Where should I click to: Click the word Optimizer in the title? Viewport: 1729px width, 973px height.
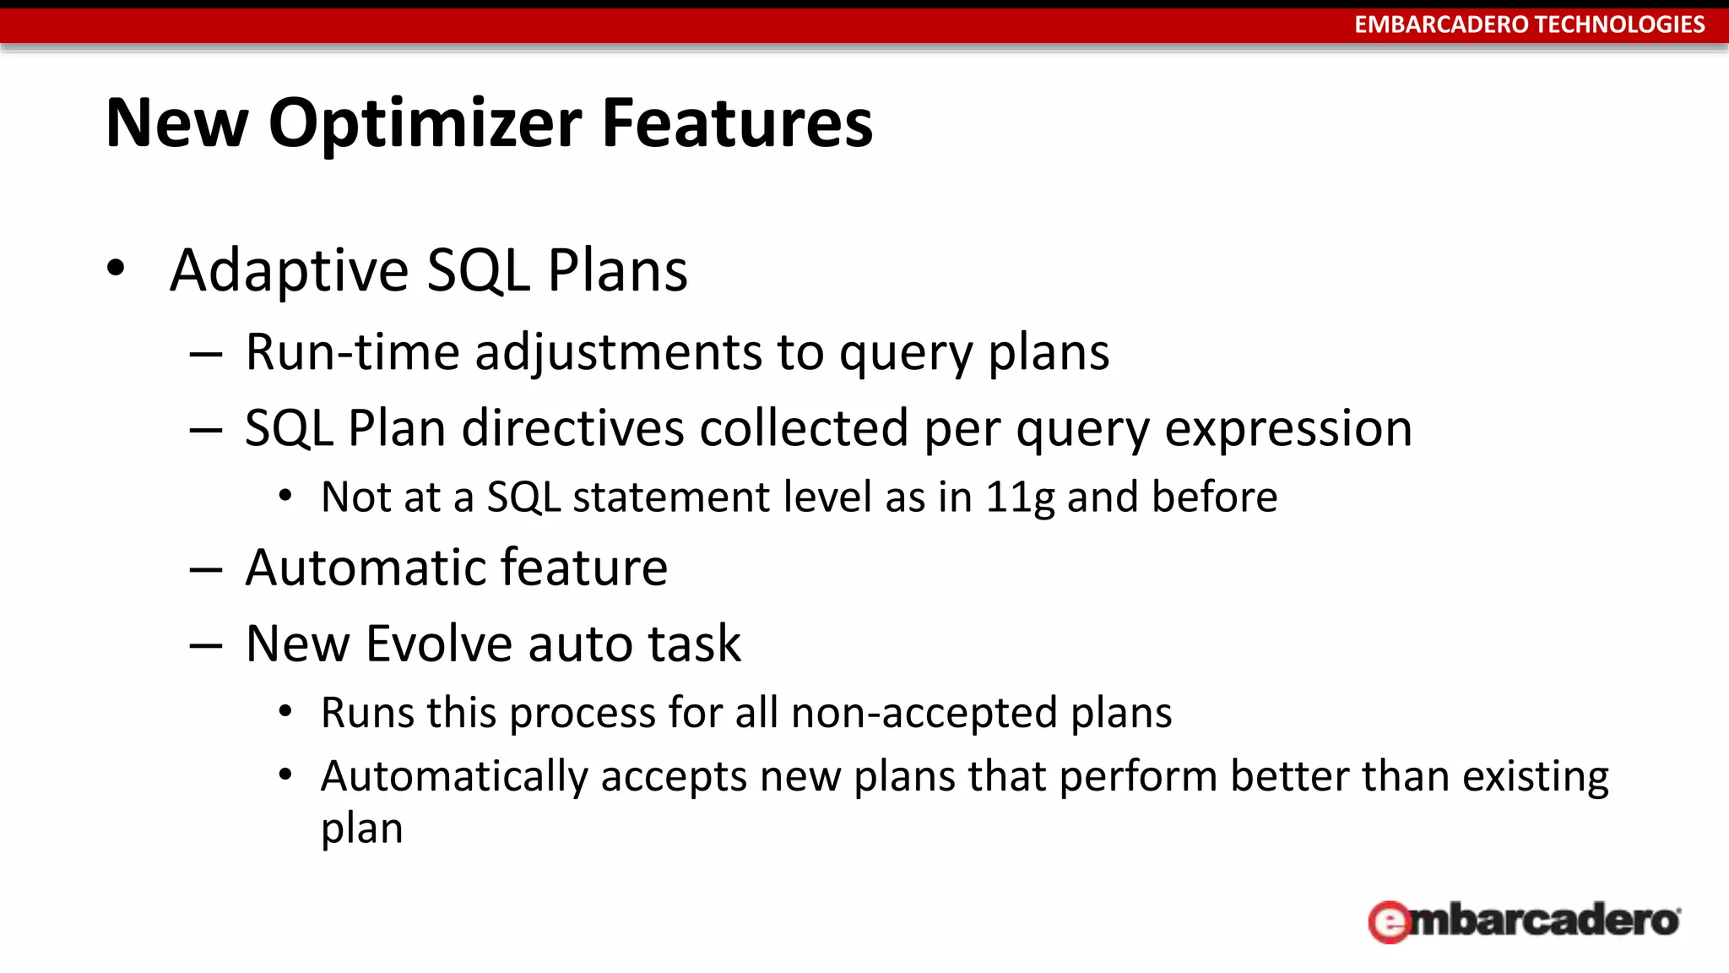[x=425, y=123]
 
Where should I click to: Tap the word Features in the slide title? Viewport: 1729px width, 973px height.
[x=736, y=123]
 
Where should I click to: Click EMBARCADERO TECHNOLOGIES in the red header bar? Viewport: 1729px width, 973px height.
[x=1529, y=24]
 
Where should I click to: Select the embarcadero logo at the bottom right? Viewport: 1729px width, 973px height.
[x=1524, y=921]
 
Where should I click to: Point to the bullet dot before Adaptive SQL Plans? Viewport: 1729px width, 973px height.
[x=116, y=269]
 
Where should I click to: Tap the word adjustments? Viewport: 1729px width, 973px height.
[x=618, y=353]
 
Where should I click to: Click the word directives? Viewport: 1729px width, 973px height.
[x=573, y=427]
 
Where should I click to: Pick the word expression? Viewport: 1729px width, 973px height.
[x=1288, y=429]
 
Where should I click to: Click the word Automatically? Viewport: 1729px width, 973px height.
[x=453, y=777]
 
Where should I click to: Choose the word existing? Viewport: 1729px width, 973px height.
[x=1535, y=777]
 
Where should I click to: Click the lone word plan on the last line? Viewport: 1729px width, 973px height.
[x=361, y=829]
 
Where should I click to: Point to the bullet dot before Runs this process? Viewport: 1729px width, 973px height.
[x=285, y=712]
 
